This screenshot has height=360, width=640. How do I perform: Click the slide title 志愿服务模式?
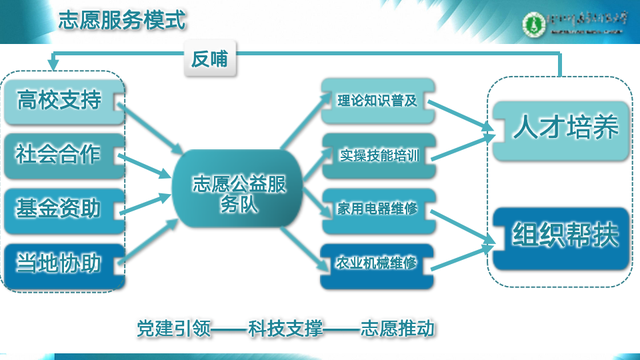tap(121, 20)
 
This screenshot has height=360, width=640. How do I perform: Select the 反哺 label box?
tap(210, 60)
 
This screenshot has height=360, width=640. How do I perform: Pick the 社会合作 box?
tap(62, 155)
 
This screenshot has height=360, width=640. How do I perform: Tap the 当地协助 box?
tap(62, 264)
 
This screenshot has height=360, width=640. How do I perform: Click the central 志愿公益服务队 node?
tap(238, 193)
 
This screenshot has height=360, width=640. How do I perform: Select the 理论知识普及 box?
tap(377, 101)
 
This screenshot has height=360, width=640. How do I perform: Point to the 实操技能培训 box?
tap(377, 156)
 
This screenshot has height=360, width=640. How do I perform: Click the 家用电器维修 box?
tap(377, 210)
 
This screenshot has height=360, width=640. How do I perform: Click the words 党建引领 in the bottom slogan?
tap(174, 329)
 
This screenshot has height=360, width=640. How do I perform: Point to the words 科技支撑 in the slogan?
tap(285, 329)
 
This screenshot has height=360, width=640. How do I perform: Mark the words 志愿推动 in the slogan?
tap(397, 329)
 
